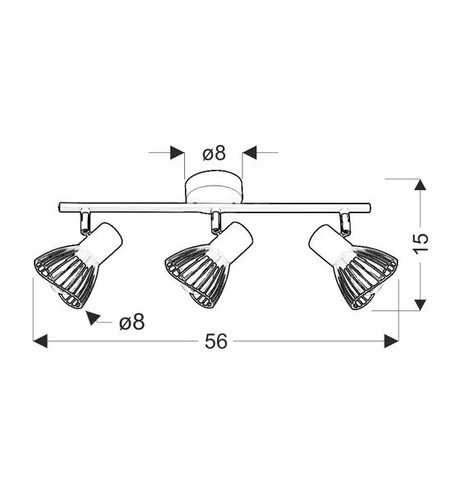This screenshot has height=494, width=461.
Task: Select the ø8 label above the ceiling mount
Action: (x=214, y=152)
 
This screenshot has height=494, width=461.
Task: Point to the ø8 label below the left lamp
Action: (x=131, y=322)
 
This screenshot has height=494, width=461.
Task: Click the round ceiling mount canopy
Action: (x=214, y=188)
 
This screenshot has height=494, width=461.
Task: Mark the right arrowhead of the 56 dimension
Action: (x=391, y=341)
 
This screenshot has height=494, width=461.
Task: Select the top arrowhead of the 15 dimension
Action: (x=421, y=185)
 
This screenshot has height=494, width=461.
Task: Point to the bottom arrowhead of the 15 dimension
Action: (x=421, y=304)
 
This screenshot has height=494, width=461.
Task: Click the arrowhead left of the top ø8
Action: (x=177, y=152)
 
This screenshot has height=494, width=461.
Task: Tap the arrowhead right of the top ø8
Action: (x=251, y=152)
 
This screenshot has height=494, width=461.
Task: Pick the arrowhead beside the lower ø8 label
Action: (x=93, y=317)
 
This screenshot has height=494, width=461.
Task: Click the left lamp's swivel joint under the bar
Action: (x=85, y=221)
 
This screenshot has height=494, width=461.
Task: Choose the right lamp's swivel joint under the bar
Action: (x=346, y=221)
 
